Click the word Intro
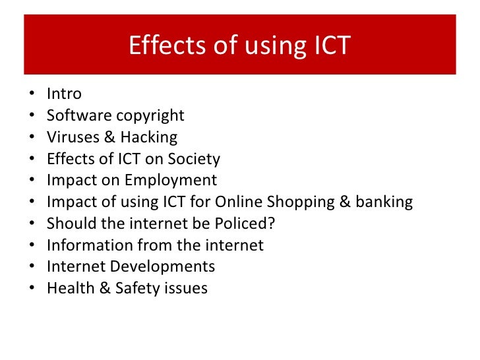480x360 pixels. [64, 94]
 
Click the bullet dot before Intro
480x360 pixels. [33, 95]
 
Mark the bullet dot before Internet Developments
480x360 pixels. [33, 268]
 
